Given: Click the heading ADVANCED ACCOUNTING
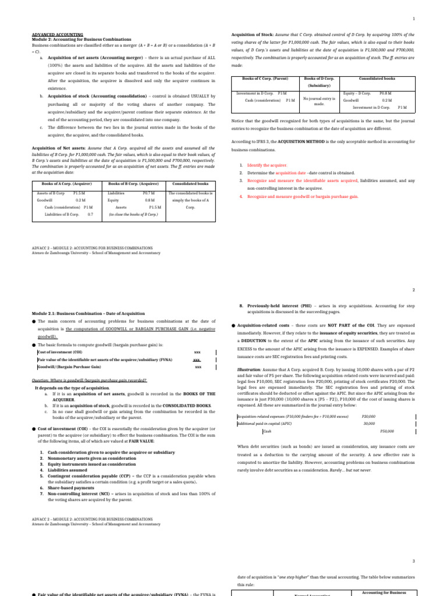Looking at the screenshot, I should point(57,35).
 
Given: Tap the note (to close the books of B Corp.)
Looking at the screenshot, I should point(133,214).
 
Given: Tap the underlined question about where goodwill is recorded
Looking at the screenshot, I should point(89,380).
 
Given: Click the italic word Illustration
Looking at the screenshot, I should point(249,370).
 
